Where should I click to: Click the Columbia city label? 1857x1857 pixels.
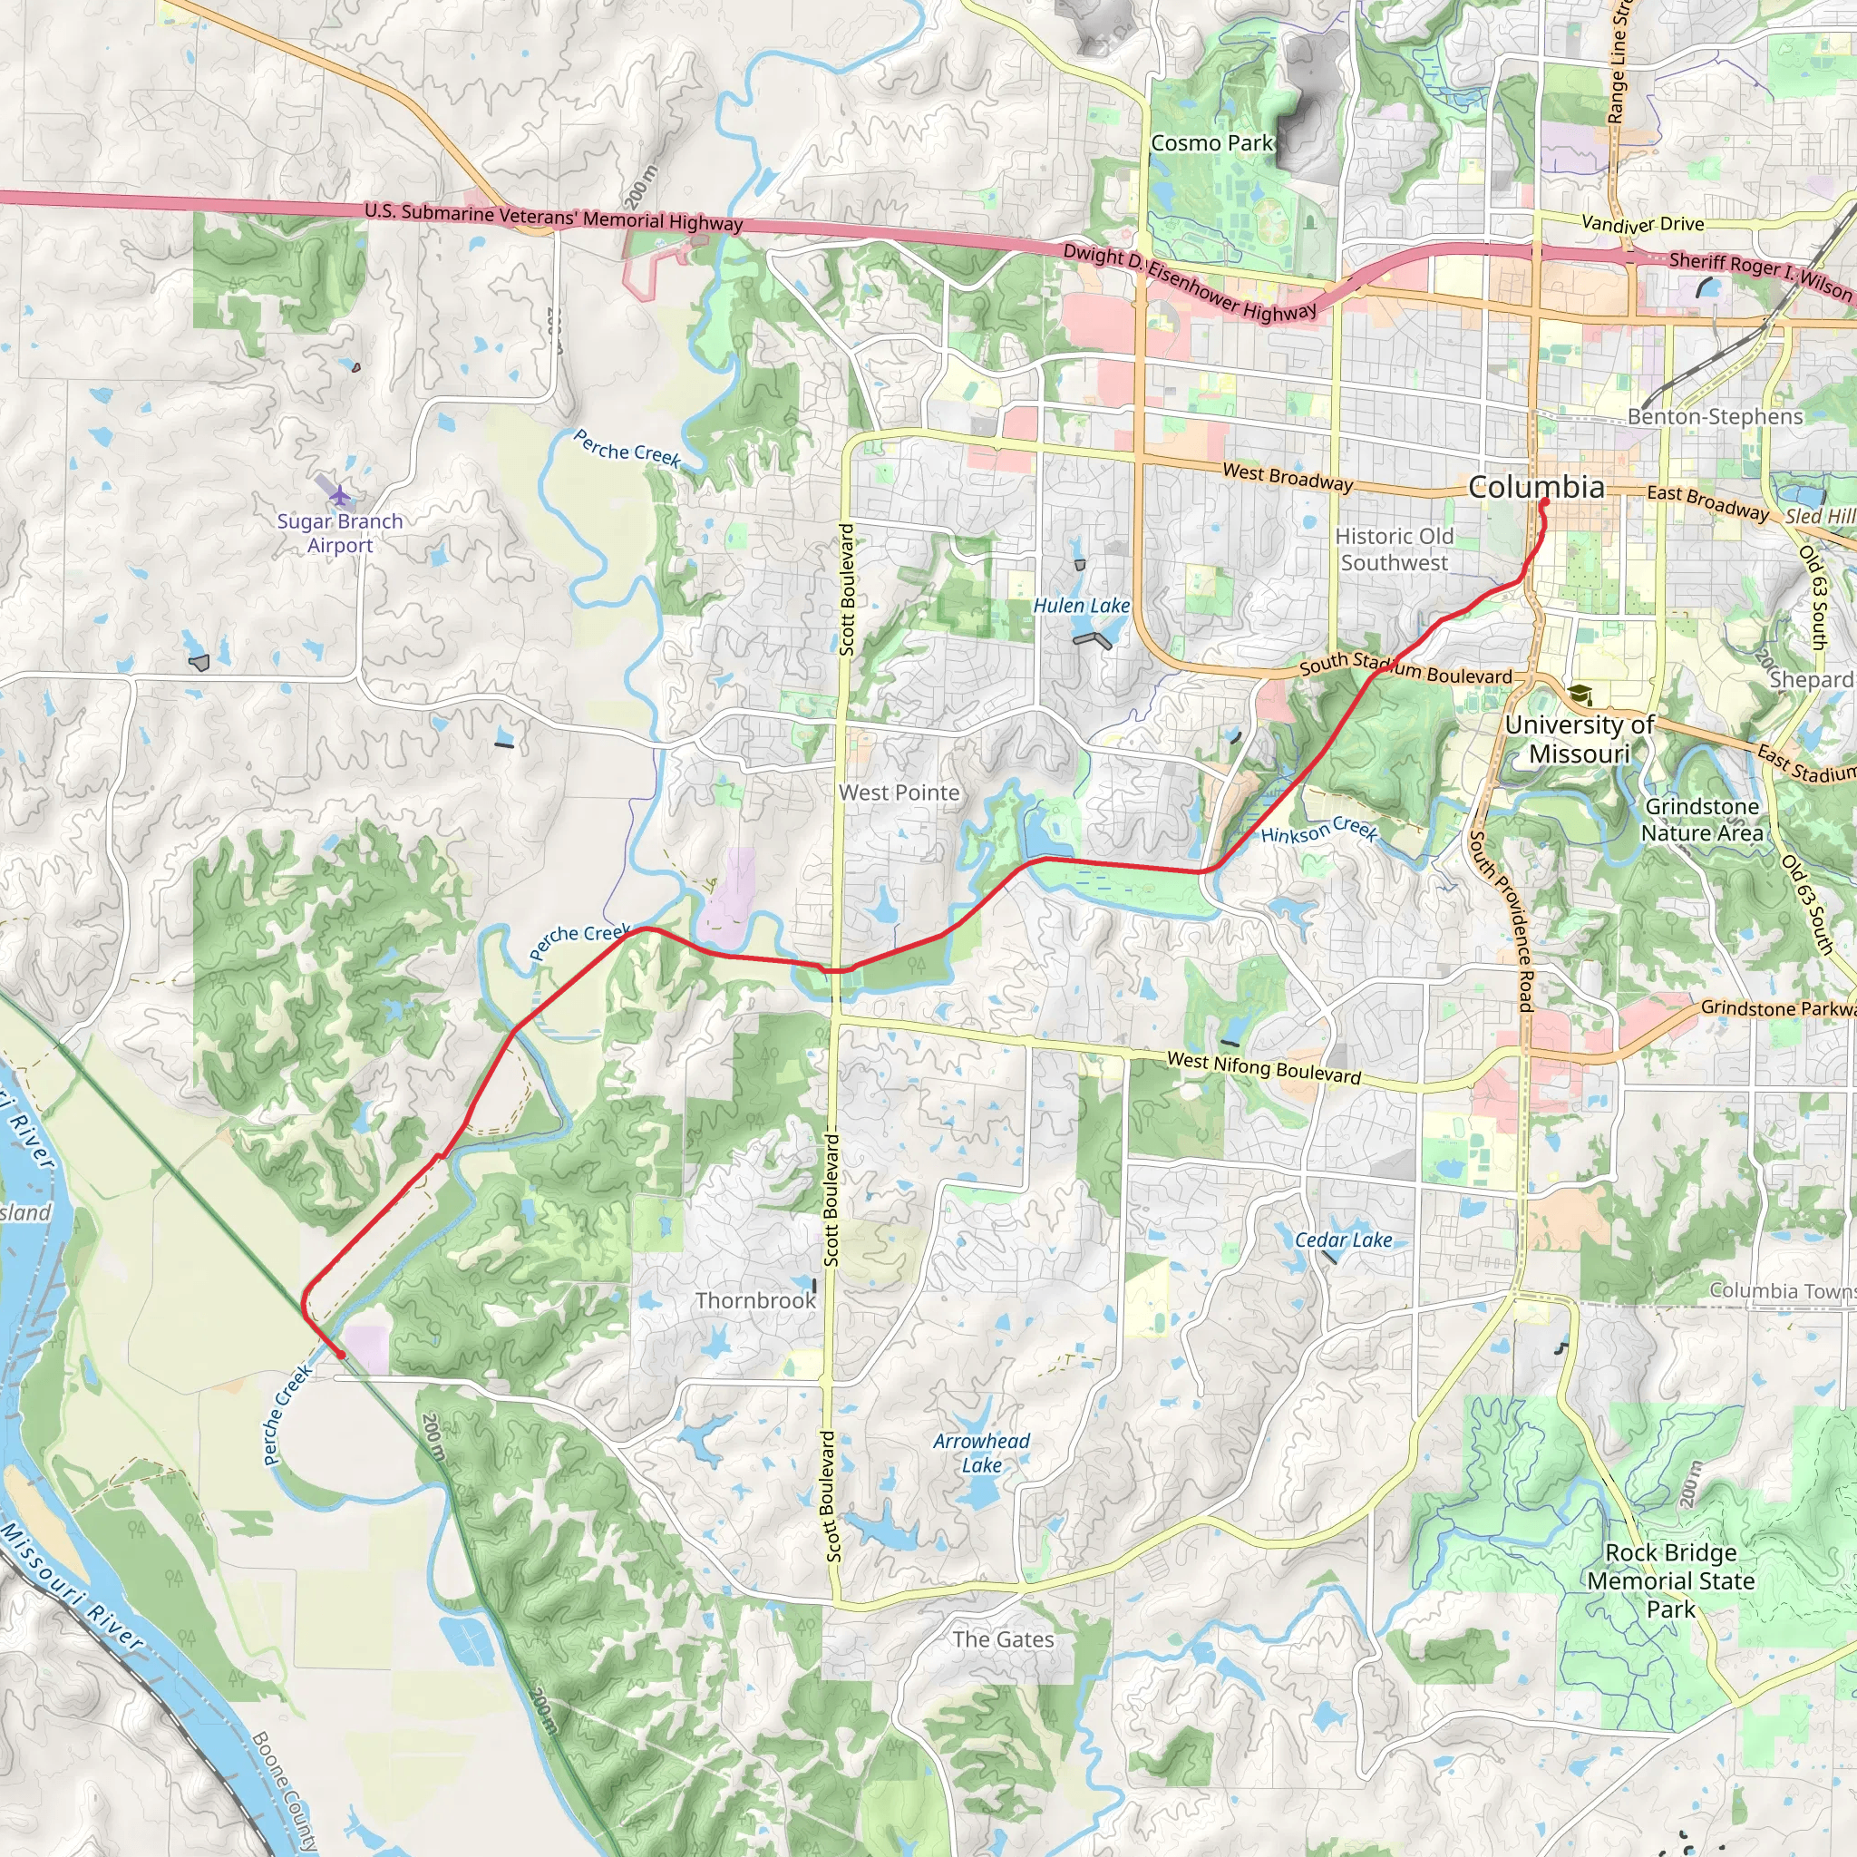point(1536,487)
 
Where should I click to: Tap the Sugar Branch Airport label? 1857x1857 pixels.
point(340,532)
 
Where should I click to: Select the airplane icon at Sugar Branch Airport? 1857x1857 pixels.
point(340,494)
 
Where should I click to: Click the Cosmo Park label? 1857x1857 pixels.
point(1211,143)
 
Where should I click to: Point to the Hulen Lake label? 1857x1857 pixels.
point(1082,606)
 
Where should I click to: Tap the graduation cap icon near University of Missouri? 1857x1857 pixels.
point(1580,694)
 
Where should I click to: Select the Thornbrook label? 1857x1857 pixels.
point(755,1300)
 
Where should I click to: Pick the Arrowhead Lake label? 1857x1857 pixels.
point(981,1453)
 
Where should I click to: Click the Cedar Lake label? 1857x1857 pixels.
point(1343,1240)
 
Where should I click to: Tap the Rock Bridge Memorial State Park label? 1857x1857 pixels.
point(1670,1580)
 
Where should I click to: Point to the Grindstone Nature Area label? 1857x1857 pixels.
point(1702,820)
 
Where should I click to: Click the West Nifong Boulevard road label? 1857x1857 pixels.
point(1264,1067)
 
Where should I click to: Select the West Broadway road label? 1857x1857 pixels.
point(1287,477)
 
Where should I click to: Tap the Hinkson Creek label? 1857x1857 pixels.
point(1318,831)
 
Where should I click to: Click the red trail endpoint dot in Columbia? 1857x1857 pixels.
point(1543,501)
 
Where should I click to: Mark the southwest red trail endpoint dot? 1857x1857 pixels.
point(341,1356)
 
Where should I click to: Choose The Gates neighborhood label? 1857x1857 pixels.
point(1003,1638)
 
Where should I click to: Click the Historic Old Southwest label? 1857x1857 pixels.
point(1394,549)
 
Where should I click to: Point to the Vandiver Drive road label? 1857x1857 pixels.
point(1643,224)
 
